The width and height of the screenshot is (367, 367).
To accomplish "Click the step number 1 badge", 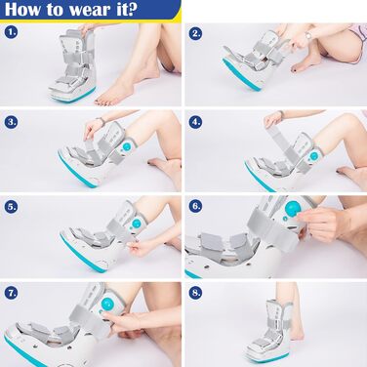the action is (x=11, y=32).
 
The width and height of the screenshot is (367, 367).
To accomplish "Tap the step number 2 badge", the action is (x=195, y=33).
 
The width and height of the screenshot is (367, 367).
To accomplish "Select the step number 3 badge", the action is (x=11, y=122).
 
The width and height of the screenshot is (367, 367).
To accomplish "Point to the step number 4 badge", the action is (x=195, y=122).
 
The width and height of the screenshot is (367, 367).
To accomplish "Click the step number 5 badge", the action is (x=11, y=207).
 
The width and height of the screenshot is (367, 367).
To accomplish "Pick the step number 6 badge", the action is (x=195, y=206).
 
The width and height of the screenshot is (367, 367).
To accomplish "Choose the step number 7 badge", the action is (x=11, y=293).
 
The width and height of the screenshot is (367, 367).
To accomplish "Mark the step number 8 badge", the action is (x=195, y=293).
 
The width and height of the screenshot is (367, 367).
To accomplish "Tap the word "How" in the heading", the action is (x=23, y=9).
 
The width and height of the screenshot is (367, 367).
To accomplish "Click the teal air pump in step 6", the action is (x=292, y=208).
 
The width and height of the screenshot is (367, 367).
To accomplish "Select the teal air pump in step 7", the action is (x=107, y=304).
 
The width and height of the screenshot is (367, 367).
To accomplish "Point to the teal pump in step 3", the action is (x=127, y=147).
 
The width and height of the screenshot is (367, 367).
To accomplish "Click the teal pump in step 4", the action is (x=314, y=155).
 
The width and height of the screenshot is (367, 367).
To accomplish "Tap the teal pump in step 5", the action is (x=137, y=224).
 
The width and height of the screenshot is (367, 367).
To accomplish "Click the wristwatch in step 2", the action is (x=308, y=34).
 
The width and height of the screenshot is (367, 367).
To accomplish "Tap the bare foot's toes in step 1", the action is (x=103, y=101).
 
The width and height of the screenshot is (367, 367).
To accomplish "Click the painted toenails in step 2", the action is (x=297, y=69).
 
